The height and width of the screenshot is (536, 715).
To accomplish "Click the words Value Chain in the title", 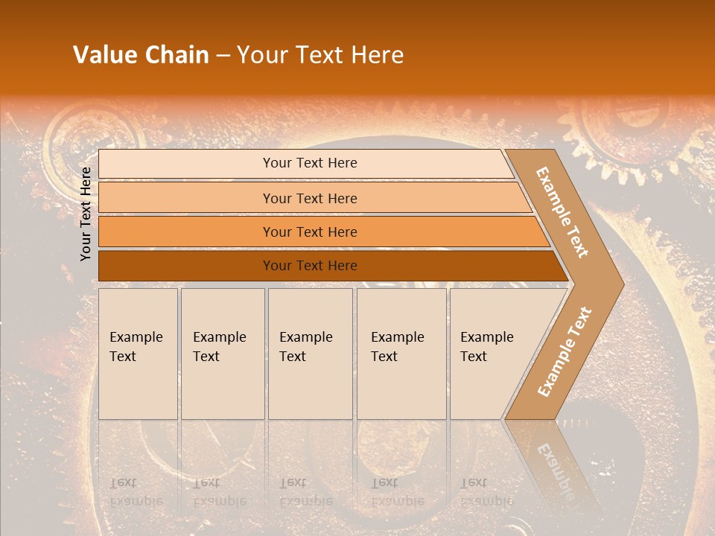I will tap(141, 55).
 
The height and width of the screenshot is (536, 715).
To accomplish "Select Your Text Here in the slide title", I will tap(320, 55).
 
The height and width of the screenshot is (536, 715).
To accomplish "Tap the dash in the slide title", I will tap(223, 56).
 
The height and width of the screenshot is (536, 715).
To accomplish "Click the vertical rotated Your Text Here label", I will tap(86, 214).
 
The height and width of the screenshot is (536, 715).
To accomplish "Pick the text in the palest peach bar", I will tap(310, 163).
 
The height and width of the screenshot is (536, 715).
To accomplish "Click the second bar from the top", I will tap(310, 198).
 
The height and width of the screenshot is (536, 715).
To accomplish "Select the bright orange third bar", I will tap(310, 232).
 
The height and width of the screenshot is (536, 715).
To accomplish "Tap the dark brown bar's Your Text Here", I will tap(310, 266).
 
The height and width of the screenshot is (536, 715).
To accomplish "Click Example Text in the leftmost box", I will tap(136, 346).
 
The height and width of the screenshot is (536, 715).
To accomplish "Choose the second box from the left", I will tap(222, 353).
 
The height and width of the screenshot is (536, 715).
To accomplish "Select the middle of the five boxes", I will tap(310, 353).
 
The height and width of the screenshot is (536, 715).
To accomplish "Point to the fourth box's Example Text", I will tap(397, 346).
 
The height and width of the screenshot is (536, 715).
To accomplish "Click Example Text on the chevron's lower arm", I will tap(565, 351).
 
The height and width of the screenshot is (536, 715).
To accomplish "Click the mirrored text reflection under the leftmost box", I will tap(136, 492).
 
